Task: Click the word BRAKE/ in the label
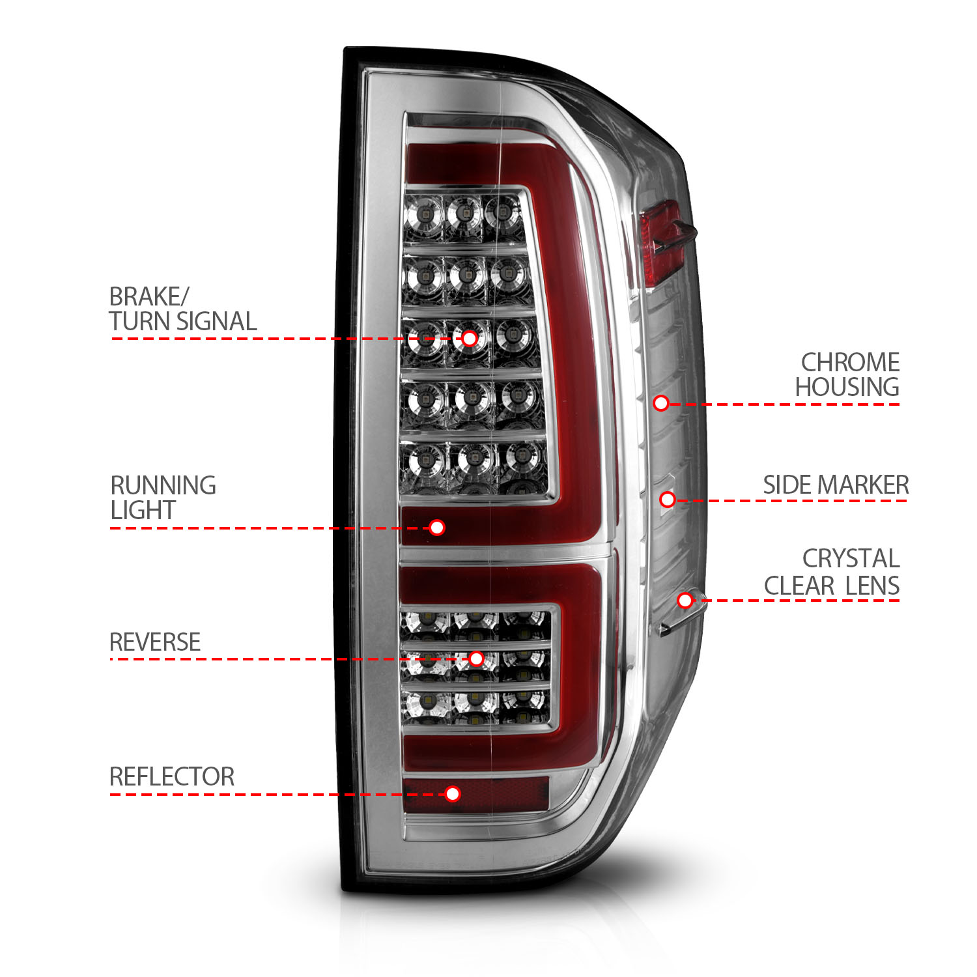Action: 149,297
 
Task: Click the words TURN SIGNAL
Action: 182,322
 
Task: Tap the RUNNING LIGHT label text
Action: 163,498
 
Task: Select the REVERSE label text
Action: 155,642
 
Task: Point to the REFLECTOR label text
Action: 171,776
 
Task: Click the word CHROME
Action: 850,362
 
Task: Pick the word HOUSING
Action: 847,387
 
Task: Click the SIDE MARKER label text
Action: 836,485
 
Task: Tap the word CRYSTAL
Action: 851,559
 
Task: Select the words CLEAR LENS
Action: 832,586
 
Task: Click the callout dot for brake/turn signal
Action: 469,339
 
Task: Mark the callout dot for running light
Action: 437,528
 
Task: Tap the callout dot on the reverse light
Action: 476,658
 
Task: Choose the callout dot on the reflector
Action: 453,793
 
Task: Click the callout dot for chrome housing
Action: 661,403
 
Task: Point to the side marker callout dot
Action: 667,500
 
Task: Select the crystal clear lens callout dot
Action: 685,600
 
